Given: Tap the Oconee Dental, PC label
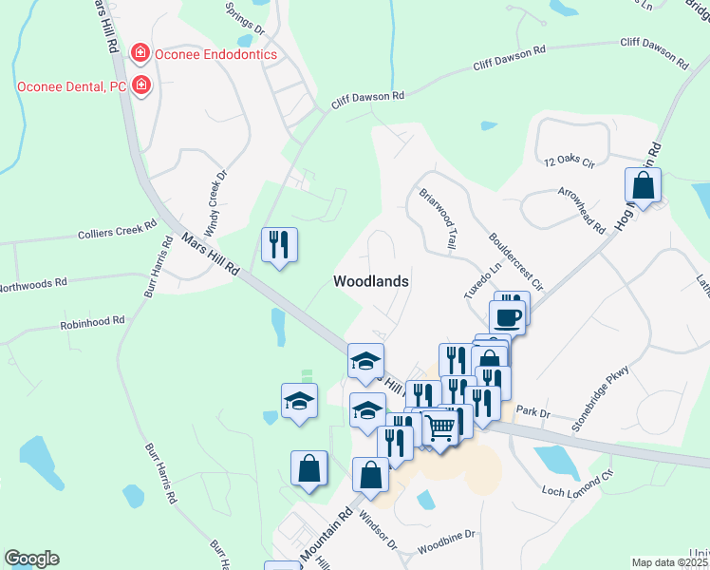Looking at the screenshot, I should [x=71, y=86].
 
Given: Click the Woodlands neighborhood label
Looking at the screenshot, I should [x=371, y=281].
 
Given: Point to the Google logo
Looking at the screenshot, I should [x=31, y=559].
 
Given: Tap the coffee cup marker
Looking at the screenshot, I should [x=507, y=315].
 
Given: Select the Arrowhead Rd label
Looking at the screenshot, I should [x=583, y=212].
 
